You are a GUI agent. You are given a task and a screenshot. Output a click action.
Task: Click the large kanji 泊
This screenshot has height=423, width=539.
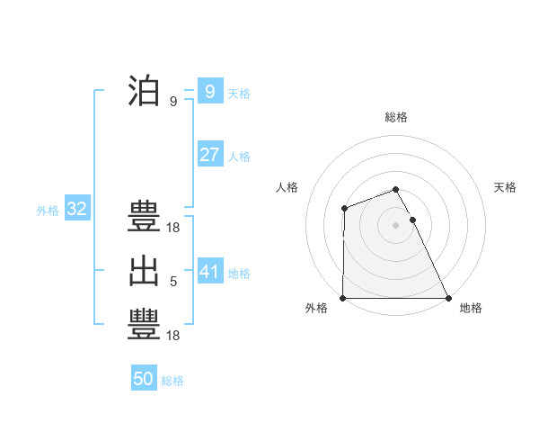(144, 91)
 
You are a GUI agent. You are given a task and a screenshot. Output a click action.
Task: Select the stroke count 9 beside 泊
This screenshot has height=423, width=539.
(173, 102)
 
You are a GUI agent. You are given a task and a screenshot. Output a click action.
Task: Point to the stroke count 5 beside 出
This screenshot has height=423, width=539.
(173, 282)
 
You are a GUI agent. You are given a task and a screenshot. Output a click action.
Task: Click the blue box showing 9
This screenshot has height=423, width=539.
(209, 91)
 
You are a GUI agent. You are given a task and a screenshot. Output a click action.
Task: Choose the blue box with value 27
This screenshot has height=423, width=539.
(209, 155)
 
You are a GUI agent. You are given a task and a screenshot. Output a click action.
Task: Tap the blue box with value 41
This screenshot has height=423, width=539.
(209, 271)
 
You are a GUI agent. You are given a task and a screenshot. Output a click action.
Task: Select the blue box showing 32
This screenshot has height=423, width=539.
(77, 210)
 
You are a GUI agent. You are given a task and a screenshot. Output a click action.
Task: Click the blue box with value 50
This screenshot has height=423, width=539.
(144, 379)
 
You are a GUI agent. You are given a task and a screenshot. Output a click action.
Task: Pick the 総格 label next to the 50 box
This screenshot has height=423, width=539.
(172, 381)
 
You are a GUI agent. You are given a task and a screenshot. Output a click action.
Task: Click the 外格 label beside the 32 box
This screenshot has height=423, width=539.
(48, 211)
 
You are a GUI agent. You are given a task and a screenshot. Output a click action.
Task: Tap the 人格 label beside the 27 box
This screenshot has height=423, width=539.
(239, 156)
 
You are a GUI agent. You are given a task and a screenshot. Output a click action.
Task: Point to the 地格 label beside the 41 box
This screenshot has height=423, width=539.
(239, 273)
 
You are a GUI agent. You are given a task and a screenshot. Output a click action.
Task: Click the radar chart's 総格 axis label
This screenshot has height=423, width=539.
(395, 117)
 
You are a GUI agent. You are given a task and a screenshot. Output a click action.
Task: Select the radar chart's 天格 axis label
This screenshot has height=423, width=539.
(506, 187)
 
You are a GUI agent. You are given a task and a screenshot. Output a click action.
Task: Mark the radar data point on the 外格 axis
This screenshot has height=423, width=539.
(343, 298)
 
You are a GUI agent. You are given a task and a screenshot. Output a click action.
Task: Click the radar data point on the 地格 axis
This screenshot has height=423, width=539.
(447, 298)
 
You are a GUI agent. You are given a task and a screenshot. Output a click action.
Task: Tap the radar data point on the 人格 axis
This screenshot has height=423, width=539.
(344, 209)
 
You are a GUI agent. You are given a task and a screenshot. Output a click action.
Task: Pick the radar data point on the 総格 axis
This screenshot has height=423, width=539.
(395, 189)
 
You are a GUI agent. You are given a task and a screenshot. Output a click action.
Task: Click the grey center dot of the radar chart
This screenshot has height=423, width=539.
(395, 225)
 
